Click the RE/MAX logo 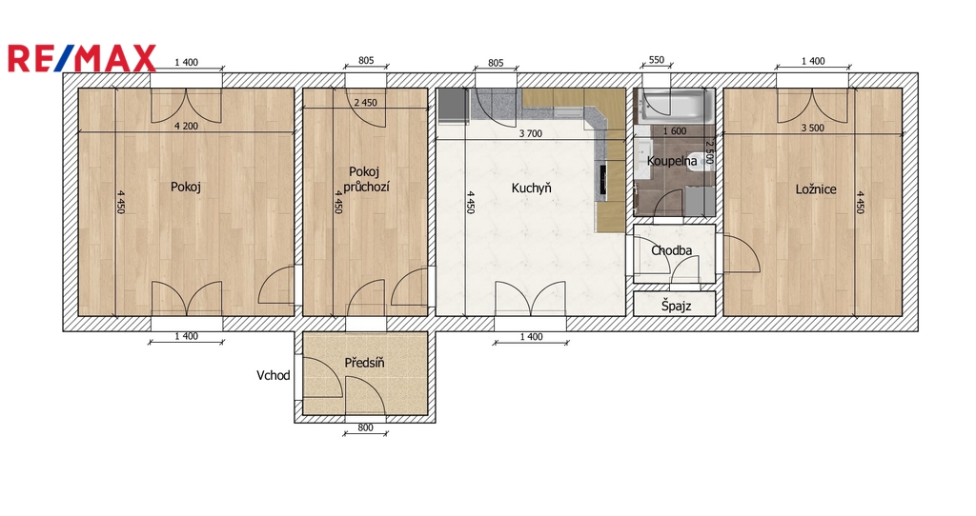(81, 58)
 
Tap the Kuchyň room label (531, 188)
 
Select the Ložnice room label (816, 189)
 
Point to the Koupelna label (672, 161)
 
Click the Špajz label (676, 306)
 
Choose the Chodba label (672, 250)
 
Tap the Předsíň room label (364, 363)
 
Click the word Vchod (274, 375)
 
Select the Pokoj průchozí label (365, 179)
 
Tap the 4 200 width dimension (186, 127)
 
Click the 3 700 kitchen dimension (530, 133)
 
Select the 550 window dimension (657, 60)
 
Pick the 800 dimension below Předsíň (365, 427)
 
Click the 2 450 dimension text (365, 103)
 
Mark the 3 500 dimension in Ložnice (812, 129)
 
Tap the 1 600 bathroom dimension (675, 131)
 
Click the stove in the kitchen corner (452, 106)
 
